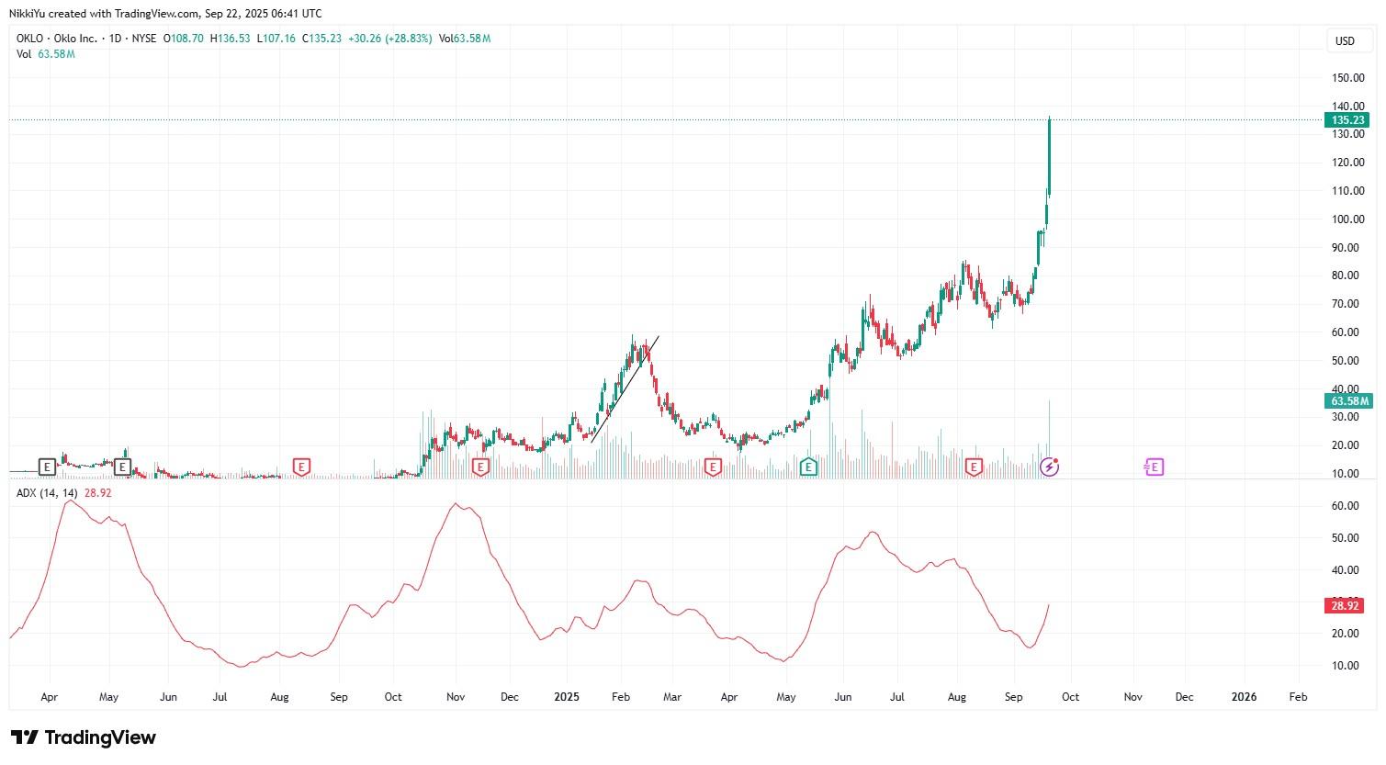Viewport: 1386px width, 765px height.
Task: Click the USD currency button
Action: click(x=1345, y=40)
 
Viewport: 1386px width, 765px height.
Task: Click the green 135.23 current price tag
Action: click(x=1347, y=120)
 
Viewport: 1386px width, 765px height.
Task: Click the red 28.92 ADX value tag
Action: click(x=1345, y=606)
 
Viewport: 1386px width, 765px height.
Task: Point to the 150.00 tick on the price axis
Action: click(x=1347, y=78)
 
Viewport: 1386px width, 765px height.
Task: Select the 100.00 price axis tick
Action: click(x=1347, y=219)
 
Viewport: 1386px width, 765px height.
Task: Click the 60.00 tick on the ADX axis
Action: click(x=1346, y=506)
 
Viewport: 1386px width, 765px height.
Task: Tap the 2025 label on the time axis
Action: click(x=567, y=697)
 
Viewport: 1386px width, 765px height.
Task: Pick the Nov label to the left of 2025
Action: click(x=456, y=697)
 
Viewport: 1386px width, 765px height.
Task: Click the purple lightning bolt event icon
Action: click(x=1050, y=467)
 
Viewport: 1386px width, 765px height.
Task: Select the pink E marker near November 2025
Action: click(x=1155, y=467)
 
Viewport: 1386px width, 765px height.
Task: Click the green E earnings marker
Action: click(x=808, y=467)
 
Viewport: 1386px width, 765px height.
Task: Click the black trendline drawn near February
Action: click(x=625, y=389)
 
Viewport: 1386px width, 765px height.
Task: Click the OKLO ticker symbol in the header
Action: click(x=30, y=39)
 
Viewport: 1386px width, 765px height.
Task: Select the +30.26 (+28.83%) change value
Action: click(x=390, y=39)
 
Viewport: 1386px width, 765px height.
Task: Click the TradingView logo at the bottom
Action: click(x=84, y=737)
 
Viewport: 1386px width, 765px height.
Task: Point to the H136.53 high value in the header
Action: click(x=231, y=39)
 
